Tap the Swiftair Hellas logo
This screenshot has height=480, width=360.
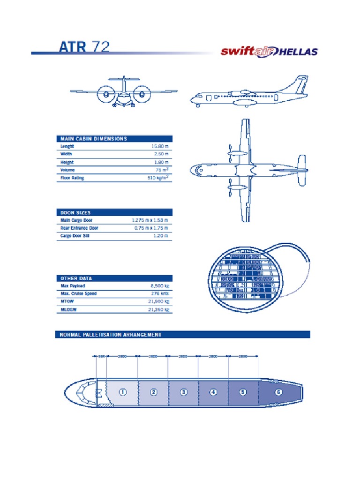[x=270, y=51]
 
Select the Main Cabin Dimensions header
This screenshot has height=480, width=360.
[x=94, y=139]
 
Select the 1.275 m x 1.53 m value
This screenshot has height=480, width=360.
[x=150, y=220]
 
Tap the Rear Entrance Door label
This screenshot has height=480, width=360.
[x=79, y=228]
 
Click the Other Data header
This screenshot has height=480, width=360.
[x=76, y=278]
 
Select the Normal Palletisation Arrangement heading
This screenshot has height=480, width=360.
[x=111, y=335]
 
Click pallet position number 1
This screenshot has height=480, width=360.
[x=123, y=392]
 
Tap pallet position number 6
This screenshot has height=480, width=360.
[x=278, y=392]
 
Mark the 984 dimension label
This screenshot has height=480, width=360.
[x=99, y=357]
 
